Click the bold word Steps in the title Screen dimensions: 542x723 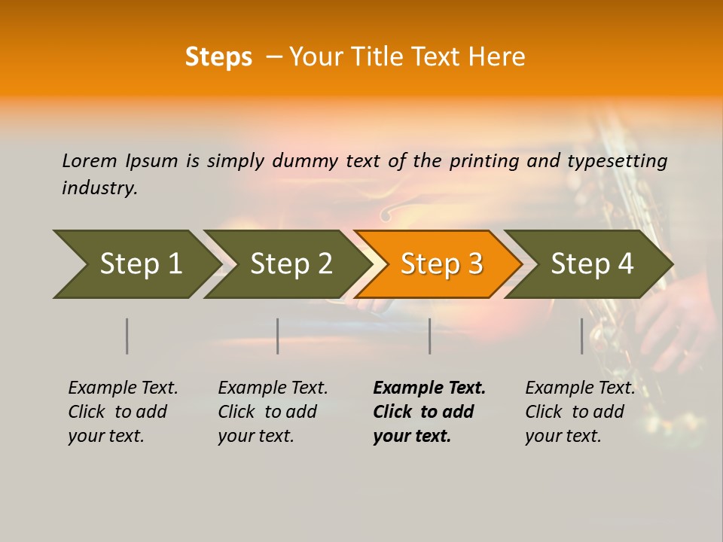click(x=218, y=57)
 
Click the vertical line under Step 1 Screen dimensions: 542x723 click(x=127, y=336)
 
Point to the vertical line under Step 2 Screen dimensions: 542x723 click(x=278, y=336)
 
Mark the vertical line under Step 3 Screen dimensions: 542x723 click(x=430, y=336)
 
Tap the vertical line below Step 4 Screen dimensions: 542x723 click(x=582, y=336)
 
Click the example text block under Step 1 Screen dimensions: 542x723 click(x=123, y=412)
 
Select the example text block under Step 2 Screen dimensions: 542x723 click(x=273, y=412)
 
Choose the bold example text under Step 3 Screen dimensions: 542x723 click(x=429, y=412)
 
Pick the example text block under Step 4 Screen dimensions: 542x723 click(x=580, y=412)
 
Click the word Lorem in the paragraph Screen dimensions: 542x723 click(x=90, y=160)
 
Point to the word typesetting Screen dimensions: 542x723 click(x=617, y=161)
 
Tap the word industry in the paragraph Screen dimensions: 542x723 click(x=99, y=188)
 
